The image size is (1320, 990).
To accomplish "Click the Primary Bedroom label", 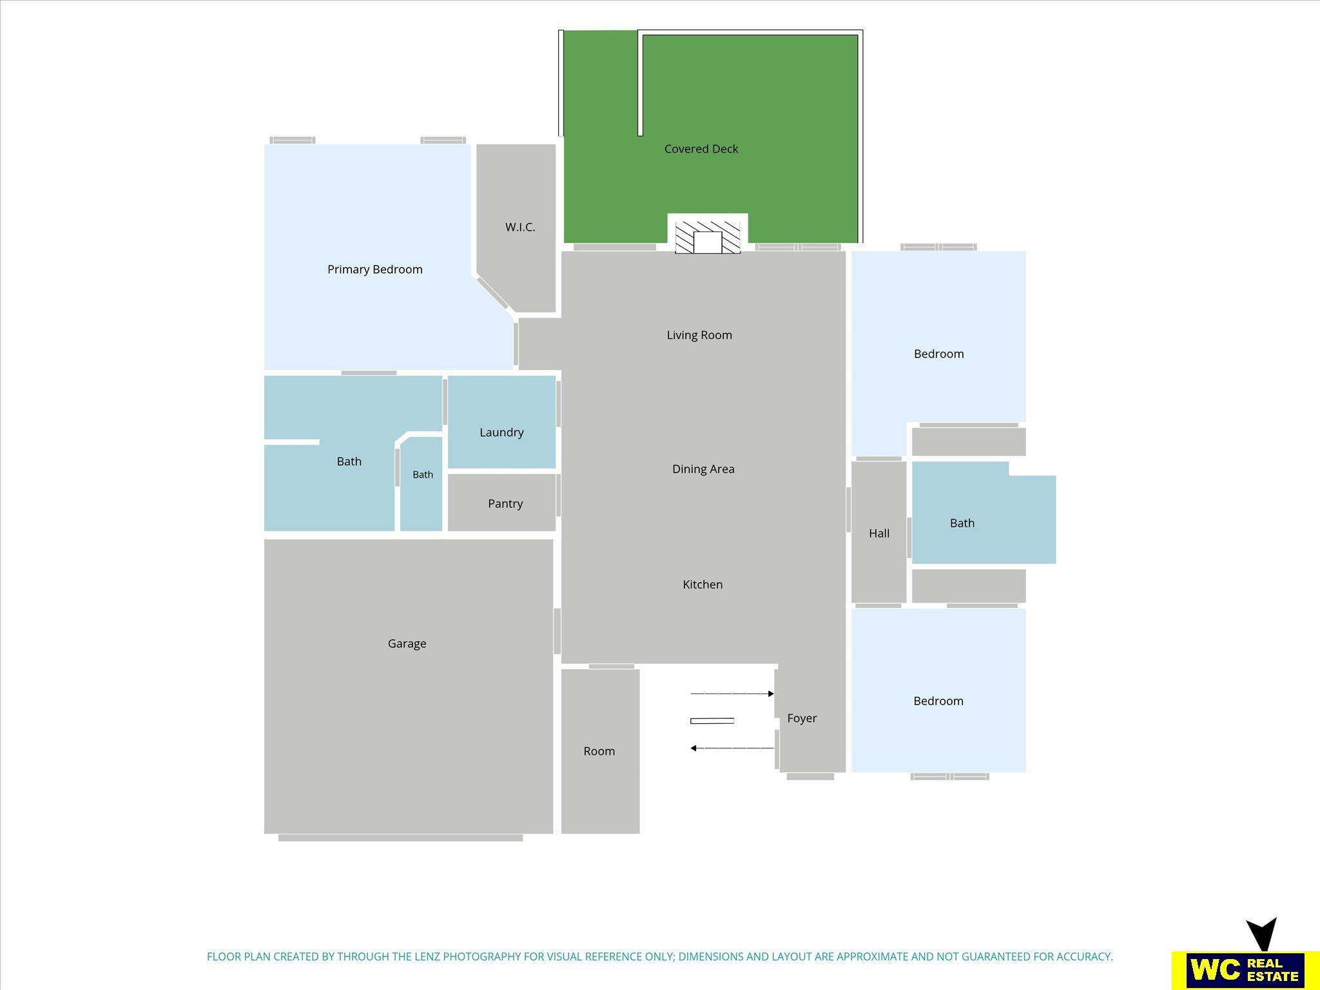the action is pos(374,269).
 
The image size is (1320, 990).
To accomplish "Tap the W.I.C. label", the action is pos(520,227).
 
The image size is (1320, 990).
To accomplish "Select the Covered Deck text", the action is pos(701,149).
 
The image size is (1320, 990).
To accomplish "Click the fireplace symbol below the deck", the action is pos(708,237).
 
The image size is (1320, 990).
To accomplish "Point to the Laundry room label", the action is pos(501,432).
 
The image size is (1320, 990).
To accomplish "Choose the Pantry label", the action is pos(505,504).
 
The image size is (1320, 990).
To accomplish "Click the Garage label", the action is pos(407,644).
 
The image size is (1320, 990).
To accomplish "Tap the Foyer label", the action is pos(802,718).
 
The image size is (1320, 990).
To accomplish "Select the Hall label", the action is pos(879,533).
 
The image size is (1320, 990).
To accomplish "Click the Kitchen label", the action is pos(703,585).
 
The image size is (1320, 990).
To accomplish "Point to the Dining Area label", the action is pos(703,469).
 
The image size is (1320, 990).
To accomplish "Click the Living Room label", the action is pos(699,335).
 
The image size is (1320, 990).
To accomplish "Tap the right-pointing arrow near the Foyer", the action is pos(732,694).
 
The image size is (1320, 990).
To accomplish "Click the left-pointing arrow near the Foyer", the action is pos(732,748).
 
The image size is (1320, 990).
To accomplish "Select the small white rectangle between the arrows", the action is pos(712,721).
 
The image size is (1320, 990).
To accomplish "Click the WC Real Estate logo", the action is pos(1245,969).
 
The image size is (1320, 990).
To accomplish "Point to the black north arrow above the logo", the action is pos(1261,935).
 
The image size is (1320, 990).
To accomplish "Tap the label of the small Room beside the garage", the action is pos(599,752).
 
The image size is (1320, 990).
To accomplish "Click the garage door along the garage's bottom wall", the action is pos(400,838).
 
